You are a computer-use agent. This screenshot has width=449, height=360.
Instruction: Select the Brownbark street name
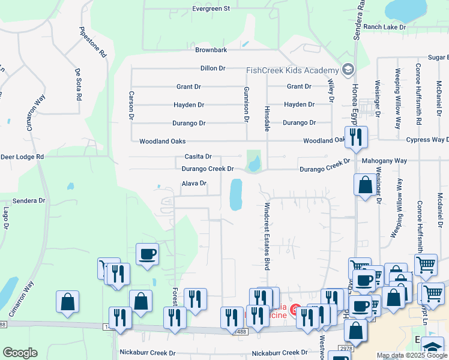pos(210,50)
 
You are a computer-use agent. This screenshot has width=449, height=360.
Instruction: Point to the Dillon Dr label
pos(212,68)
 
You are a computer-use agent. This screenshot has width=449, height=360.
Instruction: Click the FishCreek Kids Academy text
pos(293,70)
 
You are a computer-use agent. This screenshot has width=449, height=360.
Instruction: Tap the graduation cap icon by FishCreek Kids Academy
pos(348,70)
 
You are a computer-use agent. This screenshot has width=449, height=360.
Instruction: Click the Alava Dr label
pos(194,184)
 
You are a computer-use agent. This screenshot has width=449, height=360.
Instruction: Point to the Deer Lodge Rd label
pos(22,157)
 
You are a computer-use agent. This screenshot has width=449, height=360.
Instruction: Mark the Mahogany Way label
pos(384,161)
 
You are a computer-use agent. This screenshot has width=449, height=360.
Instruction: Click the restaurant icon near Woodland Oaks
pos(356,137)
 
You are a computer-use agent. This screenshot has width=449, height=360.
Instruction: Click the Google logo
pos(20,352)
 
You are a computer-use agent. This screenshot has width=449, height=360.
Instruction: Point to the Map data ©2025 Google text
pos(411,355)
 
